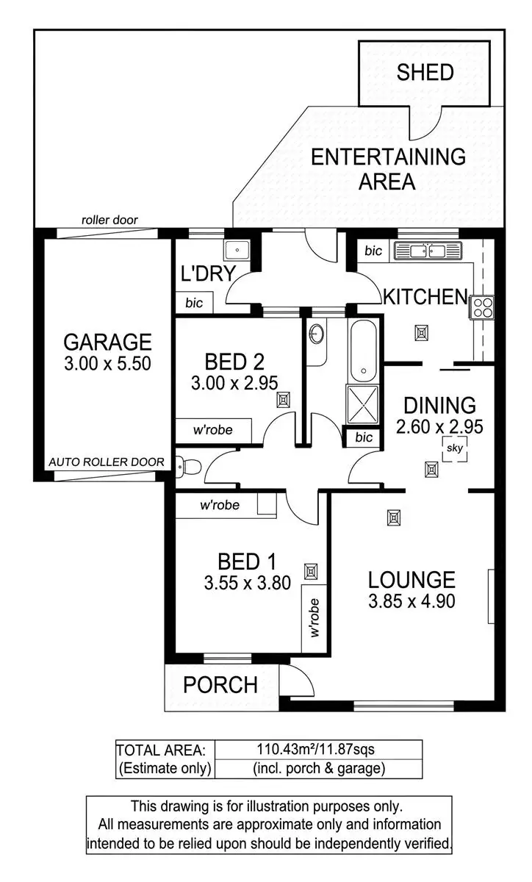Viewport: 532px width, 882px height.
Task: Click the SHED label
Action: [425, 72]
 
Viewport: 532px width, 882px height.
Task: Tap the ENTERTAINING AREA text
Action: [387, 168]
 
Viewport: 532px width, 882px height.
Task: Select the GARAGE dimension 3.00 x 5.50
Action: [107, 363]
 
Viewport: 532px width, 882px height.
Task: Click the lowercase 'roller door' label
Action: [109, 220]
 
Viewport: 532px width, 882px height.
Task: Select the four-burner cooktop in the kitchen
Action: [483, 306]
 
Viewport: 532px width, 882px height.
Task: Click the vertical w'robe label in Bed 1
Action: [314, 617]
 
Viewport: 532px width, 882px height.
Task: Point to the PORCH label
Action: [220, 685]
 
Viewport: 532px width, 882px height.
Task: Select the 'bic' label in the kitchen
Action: [373, 251]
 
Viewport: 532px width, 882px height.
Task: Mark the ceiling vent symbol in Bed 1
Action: [312, 571]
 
